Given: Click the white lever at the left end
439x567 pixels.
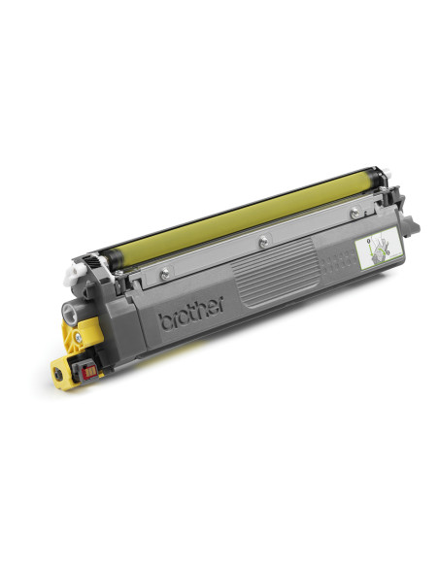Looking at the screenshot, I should tap(72, 276).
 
